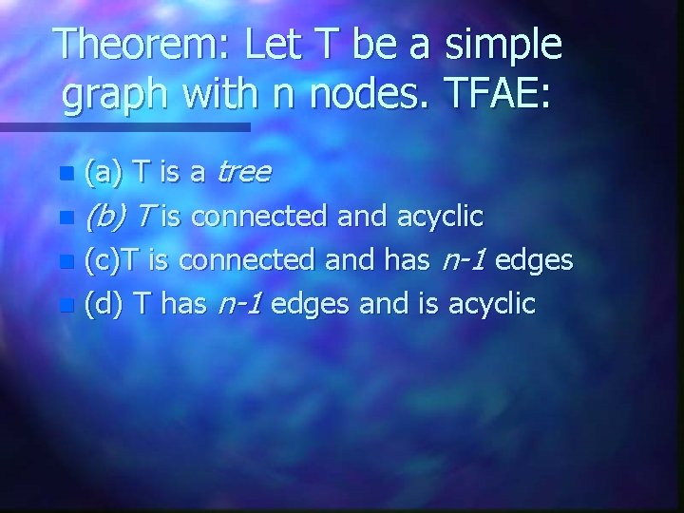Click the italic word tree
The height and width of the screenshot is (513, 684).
pyautogui.click(x=244, y=173)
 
